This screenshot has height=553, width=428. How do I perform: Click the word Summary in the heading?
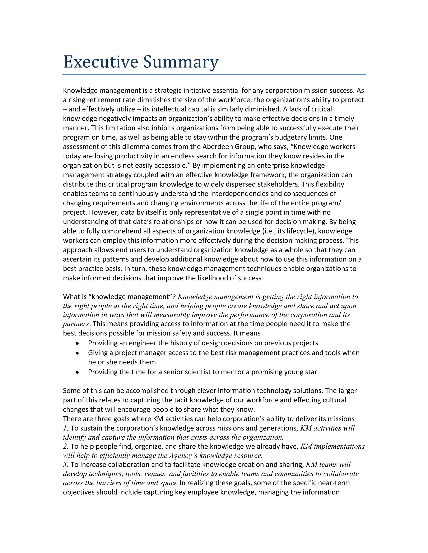point(181,62)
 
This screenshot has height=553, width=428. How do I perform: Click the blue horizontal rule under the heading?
point(214,75)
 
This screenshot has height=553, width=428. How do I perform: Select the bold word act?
point(334,306)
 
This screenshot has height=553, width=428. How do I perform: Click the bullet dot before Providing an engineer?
point(77,343)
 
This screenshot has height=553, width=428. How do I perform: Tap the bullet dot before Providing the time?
point(77,372)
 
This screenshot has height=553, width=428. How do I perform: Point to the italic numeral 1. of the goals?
point(65,428)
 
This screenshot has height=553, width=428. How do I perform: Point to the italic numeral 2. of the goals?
point(65,446)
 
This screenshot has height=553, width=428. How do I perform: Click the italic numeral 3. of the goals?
point(65,465)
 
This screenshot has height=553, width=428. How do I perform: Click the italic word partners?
point(76,324)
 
